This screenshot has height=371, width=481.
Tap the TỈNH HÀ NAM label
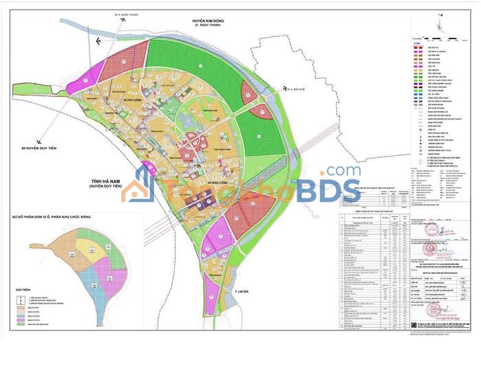click(104, 180)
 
